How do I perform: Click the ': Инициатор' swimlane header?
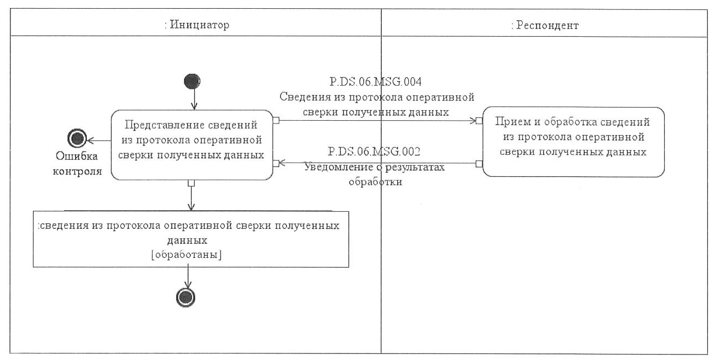click(x=196, y=25)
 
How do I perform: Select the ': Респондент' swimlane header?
click(x=544, y=25)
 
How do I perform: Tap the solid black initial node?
click(x=192, y=82)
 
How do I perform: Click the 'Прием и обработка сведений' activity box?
click(x=573, y=142)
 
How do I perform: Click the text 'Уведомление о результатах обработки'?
click(x=375, y=175)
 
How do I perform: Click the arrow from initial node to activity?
click(x=193, y=99)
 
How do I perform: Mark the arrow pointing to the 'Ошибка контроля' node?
click(x=99, y=139)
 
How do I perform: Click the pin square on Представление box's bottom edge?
click(x=190, y=183)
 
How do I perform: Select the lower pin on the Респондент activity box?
click(x=479, y=163)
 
